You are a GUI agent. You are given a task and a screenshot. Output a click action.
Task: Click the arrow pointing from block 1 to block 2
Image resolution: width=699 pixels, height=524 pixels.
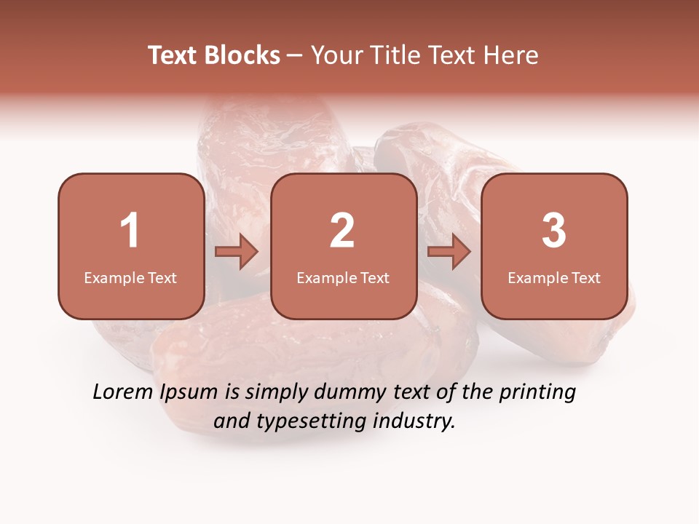point(237,253)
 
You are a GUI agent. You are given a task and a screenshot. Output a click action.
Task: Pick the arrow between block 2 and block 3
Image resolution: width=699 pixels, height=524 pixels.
point(449,253)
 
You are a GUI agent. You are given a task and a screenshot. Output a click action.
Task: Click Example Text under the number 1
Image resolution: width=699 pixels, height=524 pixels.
point(130,278)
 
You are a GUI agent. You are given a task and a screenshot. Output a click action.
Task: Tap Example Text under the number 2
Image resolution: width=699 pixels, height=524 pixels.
point(343,278)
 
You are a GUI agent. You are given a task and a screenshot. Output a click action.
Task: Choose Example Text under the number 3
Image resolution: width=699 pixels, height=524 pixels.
point(554,278)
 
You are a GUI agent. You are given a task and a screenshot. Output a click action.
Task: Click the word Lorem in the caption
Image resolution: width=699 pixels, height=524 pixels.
point(122,392)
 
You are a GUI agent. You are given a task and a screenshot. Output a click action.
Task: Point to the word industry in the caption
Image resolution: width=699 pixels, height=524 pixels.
point(415,421)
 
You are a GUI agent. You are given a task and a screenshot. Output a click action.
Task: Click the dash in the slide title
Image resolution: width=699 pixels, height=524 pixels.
point(295,56)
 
